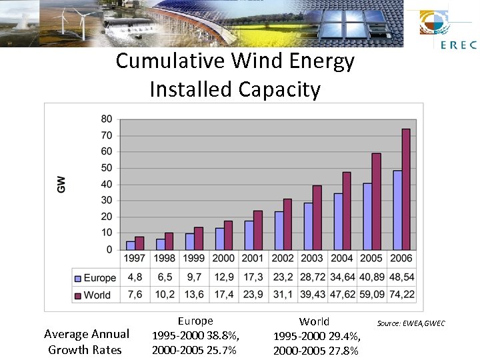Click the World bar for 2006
[406, 189]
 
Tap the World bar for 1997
[139, 243]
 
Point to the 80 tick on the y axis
[107, 119]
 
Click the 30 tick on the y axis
[107, 201]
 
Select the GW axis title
[61, 185]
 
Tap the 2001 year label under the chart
[253, 259]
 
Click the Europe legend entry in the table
[95, 278]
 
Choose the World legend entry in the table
[93, 295]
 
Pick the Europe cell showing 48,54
[401, 278]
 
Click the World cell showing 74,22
[401, 295]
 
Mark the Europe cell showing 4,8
[135, 278]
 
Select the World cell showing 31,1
[283, 295]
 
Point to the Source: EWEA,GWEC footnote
[411, 324]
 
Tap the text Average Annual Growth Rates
[86, 341]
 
